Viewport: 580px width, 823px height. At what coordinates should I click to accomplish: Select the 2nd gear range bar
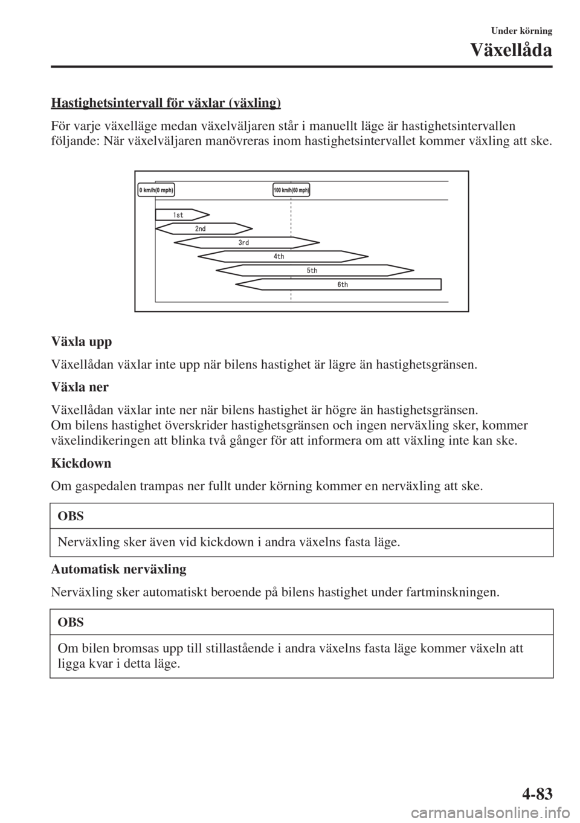pos(204,229)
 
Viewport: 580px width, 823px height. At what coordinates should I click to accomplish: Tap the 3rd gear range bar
pos(246,243)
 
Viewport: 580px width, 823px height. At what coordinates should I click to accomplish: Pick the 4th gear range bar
pos(279,257)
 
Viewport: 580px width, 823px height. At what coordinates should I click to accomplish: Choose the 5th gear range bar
pos(314,271)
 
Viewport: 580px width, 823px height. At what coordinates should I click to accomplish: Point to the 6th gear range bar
pos(340,285)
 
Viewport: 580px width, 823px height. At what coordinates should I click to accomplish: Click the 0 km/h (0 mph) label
pos(156,190)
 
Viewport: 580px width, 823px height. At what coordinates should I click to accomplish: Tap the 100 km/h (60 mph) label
pos(291,190)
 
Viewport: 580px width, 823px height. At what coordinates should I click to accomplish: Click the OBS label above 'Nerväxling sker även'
pos(71,517)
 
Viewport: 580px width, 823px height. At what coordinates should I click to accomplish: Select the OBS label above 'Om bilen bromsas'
pos(71,622)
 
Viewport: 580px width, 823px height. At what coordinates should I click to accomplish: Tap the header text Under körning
pos(523,29)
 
